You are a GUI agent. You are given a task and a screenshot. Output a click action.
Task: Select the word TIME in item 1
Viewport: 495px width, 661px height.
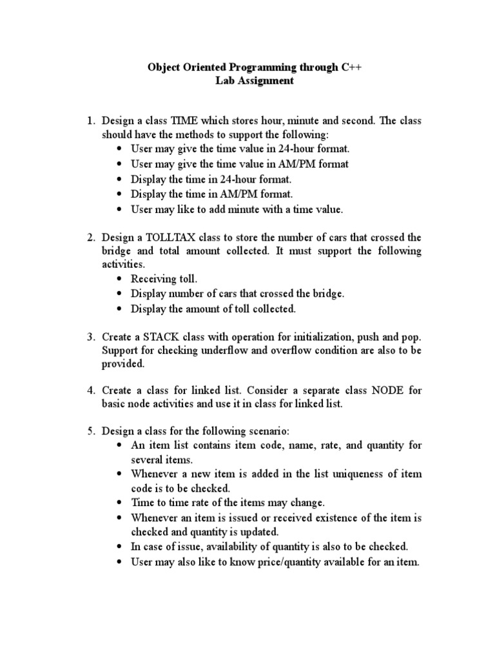(x=185, y=121)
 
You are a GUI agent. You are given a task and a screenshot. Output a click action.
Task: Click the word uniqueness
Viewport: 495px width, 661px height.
(x=351, y=474)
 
